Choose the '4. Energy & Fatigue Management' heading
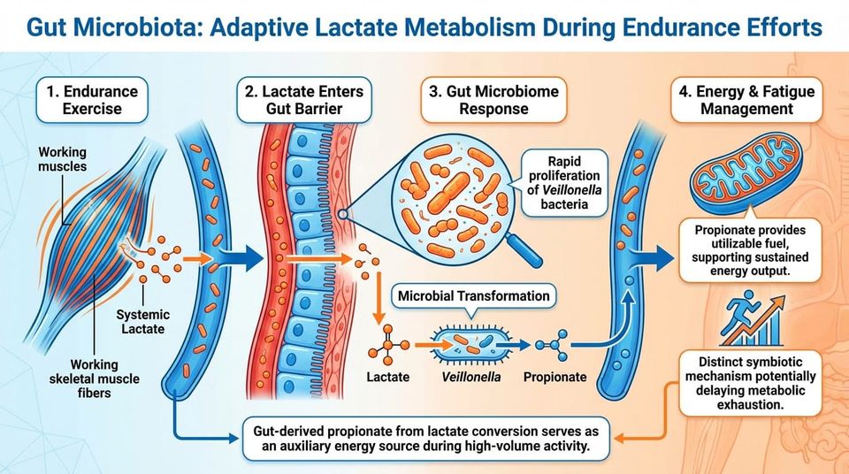pyautogui.click(x=744, y=100)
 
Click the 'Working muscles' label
pyautogui.click(x=62, y=160)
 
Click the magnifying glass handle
pyautogui.click(x=527, y=253)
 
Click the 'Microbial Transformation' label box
pyautogui.click(x=475, y=295)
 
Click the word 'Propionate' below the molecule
pyautogui.click(x=555, y=377)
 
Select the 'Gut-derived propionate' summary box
pyautogui.click(x=414, y=440)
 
